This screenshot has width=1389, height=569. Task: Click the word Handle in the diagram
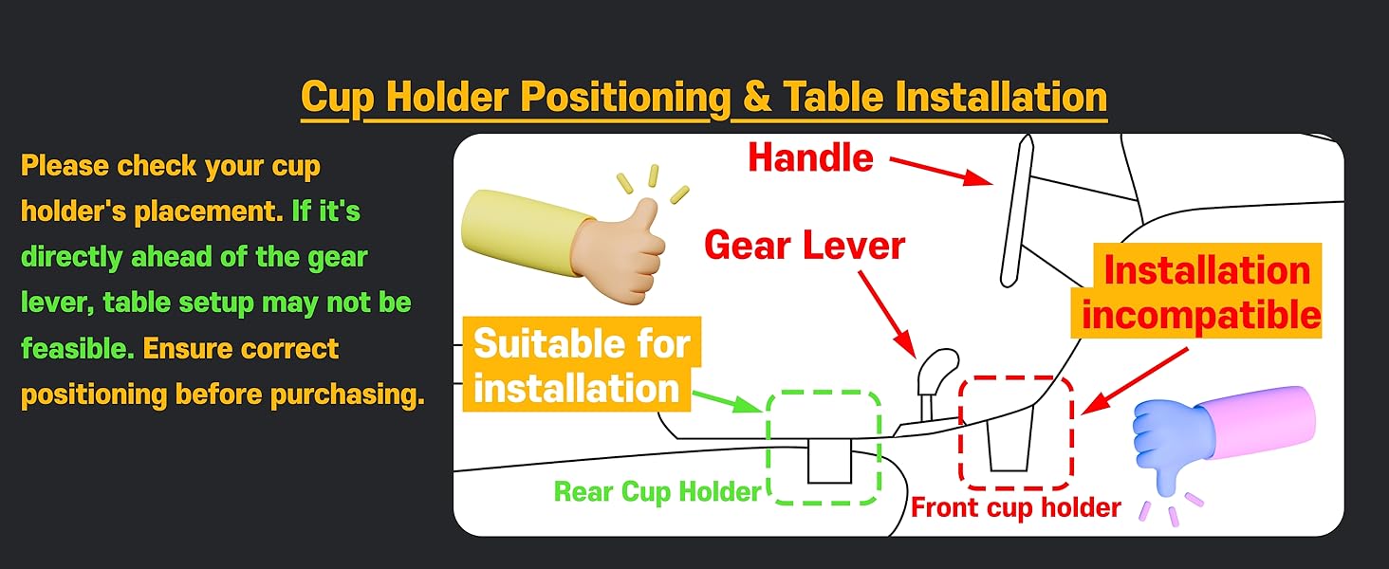coord(810,157)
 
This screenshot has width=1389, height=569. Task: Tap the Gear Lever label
coord(805,246)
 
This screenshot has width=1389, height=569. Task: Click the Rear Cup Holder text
coord(657,492)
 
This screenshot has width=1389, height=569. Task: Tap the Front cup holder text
coord(1016,507)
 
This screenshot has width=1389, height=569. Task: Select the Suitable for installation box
coord(582,364)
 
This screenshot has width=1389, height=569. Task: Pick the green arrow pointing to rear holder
coord(727,401)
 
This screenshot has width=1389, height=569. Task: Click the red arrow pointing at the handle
coord(941,172)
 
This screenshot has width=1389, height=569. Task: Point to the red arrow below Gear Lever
coord(887,314)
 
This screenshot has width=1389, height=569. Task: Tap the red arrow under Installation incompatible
coord(1135,381)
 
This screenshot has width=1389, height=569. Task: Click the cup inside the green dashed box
coord(829,461)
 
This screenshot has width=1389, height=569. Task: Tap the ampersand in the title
coord(756,98)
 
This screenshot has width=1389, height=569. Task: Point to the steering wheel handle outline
coord(1017,211)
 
